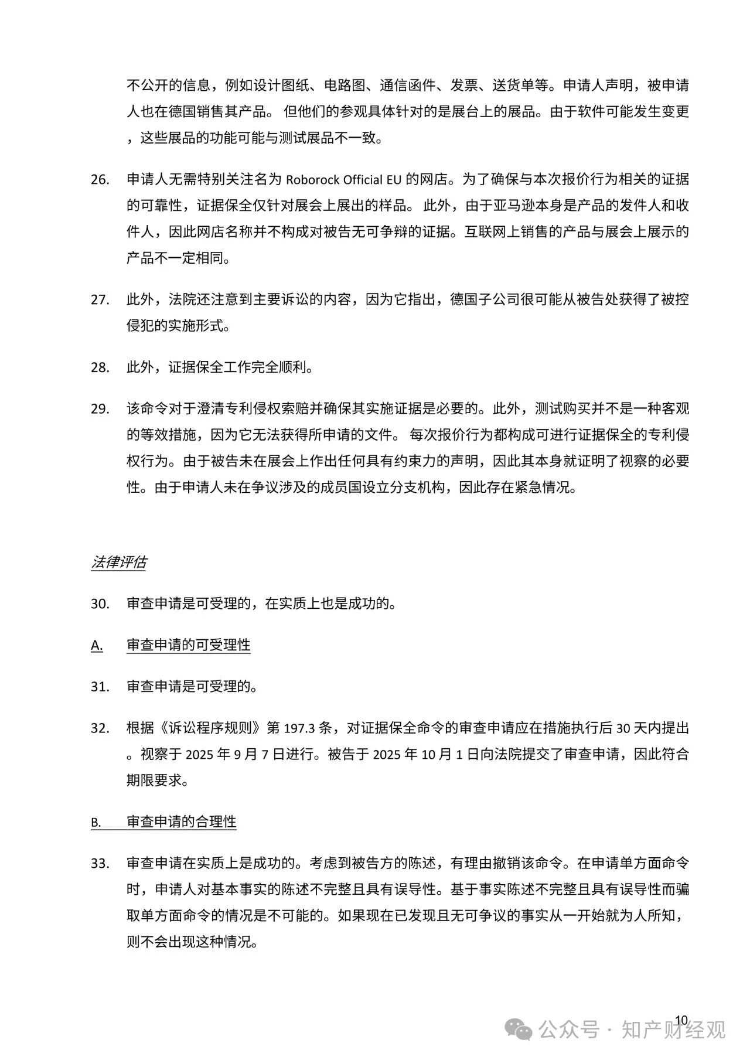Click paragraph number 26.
(x=100, y=179)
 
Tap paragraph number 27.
(x=100, y=300)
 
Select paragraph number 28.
(x=100, y=368)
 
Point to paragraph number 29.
(x=100, y=409)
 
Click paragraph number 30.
(x=100, y=604)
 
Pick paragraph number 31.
(x=100, y=687)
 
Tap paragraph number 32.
(x=100, y=728)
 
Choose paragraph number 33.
(x=100, y=864)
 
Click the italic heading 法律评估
(x=118, y=563)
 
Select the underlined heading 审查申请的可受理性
(x=188, y=645)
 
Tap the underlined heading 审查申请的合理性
(x=181, y=822)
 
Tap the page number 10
(x=681, y=1019)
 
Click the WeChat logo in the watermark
(x=519, y=1029)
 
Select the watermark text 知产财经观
(x=673, y=1029)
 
